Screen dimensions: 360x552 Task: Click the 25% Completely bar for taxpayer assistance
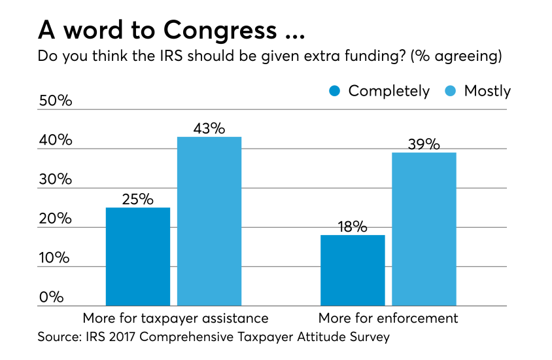(x=138, y=257)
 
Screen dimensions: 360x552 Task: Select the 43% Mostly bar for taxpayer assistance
(x=209, y=221)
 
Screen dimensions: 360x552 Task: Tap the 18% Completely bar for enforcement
(x=353, y=270)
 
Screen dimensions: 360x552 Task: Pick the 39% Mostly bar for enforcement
(x=424, y=229)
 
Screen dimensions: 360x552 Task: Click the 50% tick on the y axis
(x=55, y=101)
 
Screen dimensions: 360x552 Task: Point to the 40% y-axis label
(x=55, y=140)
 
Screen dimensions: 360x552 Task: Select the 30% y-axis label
(x=55, y=179)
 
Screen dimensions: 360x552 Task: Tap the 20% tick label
(x=55, y=219)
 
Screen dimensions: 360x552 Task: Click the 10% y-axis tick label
(x=55, y=258)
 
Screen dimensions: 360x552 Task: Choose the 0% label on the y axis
(x=51, y=297)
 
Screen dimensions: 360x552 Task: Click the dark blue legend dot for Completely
(x=335, y=91)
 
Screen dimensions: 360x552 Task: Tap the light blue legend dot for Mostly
(x=451, y=91)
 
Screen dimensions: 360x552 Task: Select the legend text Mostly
(x=487, y=91)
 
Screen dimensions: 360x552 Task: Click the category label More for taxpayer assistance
(x=175, y=319)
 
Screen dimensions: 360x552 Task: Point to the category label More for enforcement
(x=388, y=319)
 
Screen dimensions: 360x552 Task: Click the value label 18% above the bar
(x=353, y=226)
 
